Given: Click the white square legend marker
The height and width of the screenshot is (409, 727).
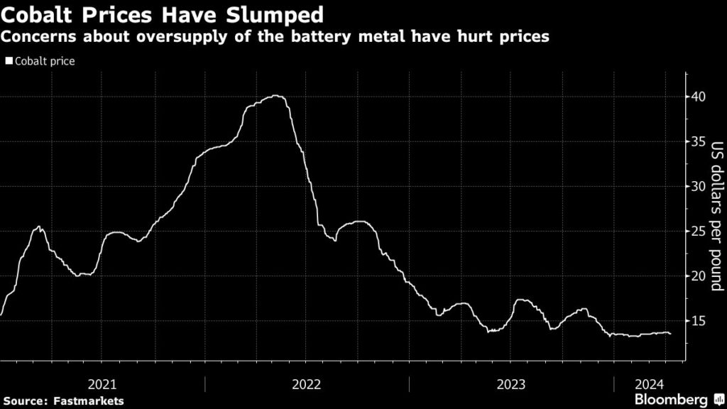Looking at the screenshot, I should (9, 61).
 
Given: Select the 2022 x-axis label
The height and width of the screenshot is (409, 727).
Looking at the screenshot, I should (306, 384).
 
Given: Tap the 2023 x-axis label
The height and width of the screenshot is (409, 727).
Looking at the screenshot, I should (511, 384).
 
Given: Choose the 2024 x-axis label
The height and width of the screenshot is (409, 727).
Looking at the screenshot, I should (648, 384).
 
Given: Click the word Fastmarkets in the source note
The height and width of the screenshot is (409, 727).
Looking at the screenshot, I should (89, 400).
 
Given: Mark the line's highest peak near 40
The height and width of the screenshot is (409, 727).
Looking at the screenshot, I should (276, 96).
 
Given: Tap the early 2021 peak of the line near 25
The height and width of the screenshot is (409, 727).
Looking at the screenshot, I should (39, 227).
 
